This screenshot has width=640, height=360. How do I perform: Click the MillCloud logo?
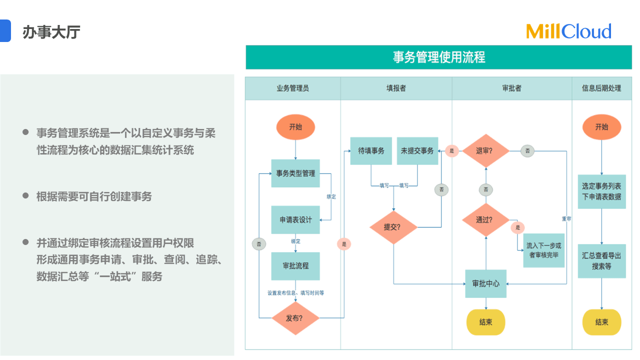pos(568,31)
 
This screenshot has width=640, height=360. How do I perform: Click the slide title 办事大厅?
pos(51,32)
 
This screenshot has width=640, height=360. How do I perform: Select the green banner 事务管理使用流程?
pos(438,57)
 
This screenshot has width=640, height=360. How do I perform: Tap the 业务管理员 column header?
pos(292,88)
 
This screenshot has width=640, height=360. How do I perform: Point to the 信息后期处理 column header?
pos(601,88)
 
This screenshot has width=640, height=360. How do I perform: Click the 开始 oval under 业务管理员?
pos(295,127)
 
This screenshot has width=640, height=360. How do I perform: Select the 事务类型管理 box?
pos(295,173)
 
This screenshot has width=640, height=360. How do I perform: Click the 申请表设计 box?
pos(295,219)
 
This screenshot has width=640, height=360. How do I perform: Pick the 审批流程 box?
pos(295,265)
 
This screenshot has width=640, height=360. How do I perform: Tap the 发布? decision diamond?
pos(295,317)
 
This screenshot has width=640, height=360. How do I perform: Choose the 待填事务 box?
pos(371,150)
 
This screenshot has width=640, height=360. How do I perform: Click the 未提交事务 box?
pos(417,150)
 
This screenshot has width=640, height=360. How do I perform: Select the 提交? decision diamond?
pos(393,226)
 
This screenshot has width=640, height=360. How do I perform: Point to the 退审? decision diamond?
pos(485,150)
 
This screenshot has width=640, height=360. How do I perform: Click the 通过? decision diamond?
pos(485,219)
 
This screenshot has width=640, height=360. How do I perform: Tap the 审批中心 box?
pos(485,283)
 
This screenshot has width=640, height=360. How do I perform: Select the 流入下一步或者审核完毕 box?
pos(543,250)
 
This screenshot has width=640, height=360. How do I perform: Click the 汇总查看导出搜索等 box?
pos(601,261)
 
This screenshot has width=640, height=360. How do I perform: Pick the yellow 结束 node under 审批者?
pos(485,322)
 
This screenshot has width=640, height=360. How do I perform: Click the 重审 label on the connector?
pos(566,219)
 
